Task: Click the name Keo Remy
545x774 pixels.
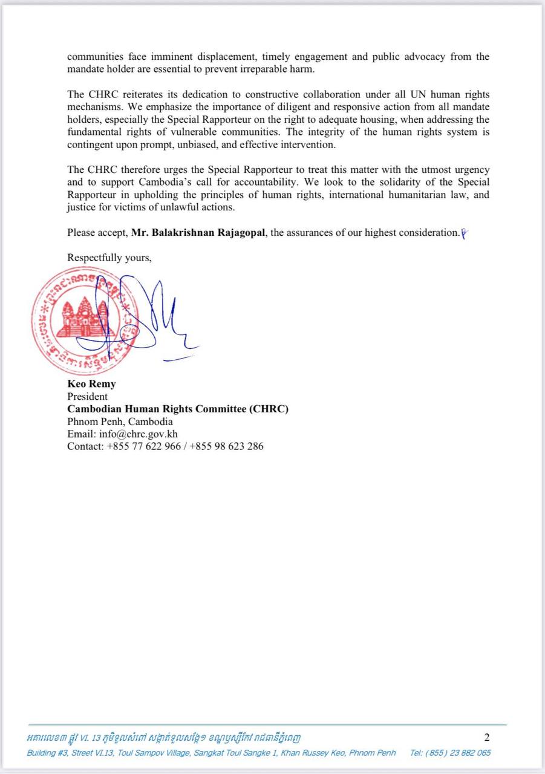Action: [91, 384]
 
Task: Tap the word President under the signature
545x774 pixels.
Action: [87, 397]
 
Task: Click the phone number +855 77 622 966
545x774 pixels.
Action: [143, 447]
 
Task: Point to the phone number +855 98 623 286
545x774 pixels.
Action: [226, 447]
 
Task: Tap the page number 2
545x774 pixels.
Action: [487, 737]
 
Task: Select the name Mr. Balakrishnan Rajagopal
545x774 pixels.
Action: [198, 232]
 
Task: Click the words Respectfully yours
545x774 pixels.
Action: [109, 257]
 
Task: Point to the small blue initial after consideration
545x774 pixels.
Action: [464, 233]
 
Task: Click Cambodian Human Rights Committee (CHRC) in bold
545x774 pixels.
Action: [178, 409]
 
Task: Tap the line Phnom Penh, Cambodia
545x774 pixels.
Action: [120, 421]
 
